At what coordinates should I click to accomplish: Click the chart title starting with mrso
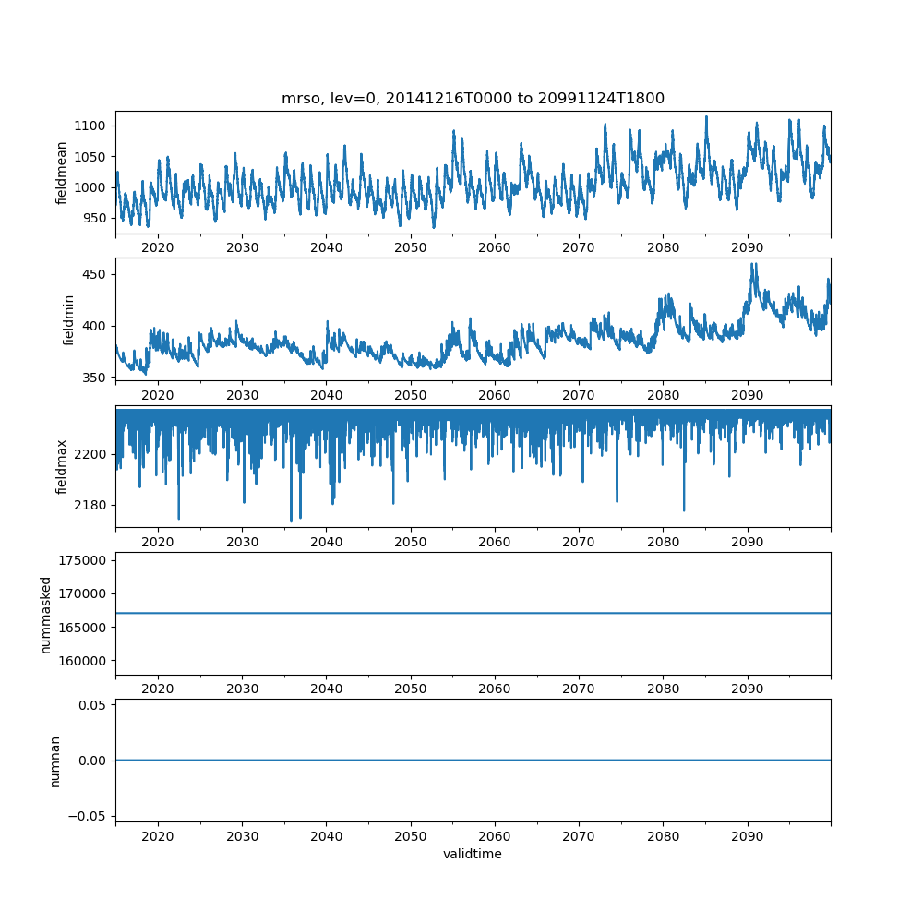pyautogui.click(x=473, y=99)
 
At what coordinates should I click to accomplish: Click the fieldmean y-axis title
pyautogui.click(x=62, y=173)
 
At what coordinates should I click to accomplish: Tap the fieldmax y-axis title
pyautogui.click(x=62, y=466)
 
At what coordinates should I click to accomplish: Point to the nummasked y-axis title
pyautogui.click(x=45, y=615)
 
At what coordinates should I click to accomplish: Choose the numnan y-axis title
pyautogui.click(x=54, y=761)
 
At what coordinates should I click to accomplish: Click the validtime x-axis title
pyautogui.click(x=473, y=854)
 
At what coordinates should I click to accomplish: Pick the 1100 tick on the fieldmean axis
pyautogui.click(x=95, y=126)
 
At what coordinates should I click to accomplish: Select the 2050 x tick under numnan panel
pyautogui.click(x=411, y=834)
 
